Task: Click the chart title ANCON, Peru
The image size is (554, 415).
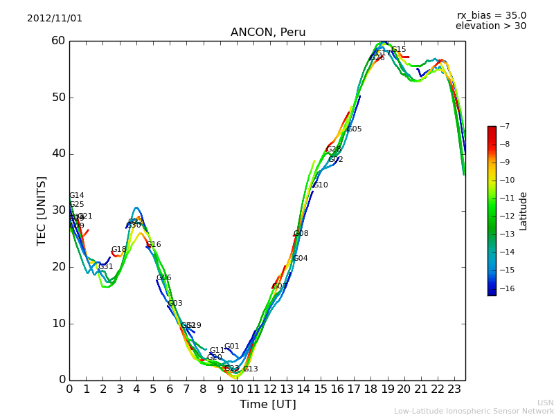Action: click(268, 33)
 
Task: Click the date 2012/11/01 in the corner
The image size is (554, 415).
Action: click(55, 19)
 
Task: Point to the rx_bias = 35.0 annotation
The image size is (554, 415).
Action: click(491, 15)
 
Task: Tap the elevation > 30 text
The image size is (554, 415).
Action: click(490, 26)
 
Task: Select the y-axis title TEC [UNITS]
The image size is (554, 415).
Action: click(42, 210)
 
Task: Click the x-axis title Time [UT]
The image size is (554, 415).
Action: click(267, 405)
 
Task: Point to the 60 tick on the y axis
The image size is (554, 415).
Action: click(57, 41)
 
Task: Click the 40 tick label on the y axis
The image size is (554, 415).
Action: click(57, 154)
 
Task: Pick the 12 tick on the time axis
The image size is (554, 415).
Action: click(270, 389)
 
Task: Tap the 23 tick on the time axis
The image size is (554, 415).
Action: click(454, 389)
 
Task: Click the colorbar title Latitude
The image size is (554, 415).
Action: click(524, 211)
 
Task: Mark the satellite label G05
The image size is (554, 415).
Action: click(355, 129)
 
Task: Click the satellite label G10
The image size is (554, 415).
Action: click(321, 185)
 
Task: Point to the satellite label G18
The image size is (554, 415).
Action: click(119, 250)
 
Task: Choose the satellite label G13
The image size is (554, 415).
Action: click(250, 369)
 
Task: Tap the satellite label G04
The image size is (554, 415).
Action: click(301, 259)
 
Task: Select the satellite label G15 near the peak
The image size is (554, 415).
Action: click(399, 50)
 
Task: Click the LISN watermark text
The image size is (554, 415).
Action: click(545, 403)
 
